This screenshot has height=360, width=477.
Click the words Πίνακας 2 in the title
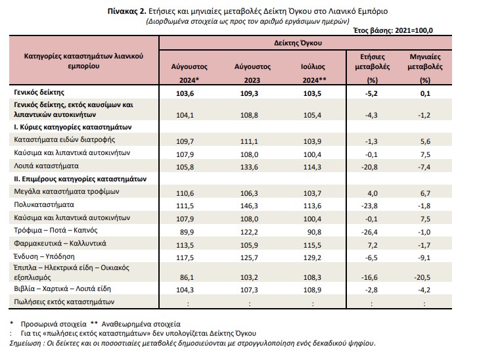point(127,11)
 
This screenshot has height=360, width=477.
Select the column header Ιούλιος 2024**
point(313,74)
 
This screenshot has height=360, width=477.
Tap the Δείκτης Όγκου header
point(298,43)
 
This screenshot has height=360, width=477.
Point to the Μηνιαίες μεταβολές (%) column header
point(425,68)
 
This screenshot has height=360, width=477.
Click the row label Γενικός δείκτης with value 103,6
point(39,92)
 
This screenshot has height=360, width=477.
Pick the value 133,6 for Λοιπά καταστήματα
point(249,167)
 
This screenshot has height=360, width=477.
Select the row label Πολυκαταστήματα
point(44,204)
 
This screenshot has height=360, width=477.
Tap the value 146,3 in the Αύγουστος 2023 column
point(249,206)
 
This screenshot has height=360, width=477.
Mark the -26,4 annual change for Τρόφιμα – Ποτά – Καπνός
point(369,232)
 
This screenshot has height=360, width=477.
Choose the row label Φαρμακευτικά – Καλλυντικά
point(60,243)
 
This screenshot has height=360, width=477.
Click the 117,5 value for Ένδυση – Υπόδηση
point(185,258)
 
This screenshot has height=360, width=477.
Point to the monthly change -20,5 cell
point(422,277)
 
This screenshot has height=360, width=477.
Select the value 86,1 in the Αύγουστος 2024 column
point(187,277)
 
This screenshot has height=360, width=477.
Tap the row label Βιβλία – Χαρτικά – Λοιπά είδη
point(62,288)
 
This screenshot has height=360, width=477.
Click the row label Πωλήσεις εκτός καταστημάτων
point(64,302)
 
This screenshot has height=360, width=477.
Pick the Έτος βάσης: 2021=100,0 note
point(393,30)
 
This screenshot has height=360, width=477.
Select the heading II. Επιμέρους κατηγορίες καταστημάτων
point(80,179)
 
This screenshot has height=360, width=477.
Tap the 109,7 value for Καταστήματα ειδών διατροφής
point(185,141)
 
